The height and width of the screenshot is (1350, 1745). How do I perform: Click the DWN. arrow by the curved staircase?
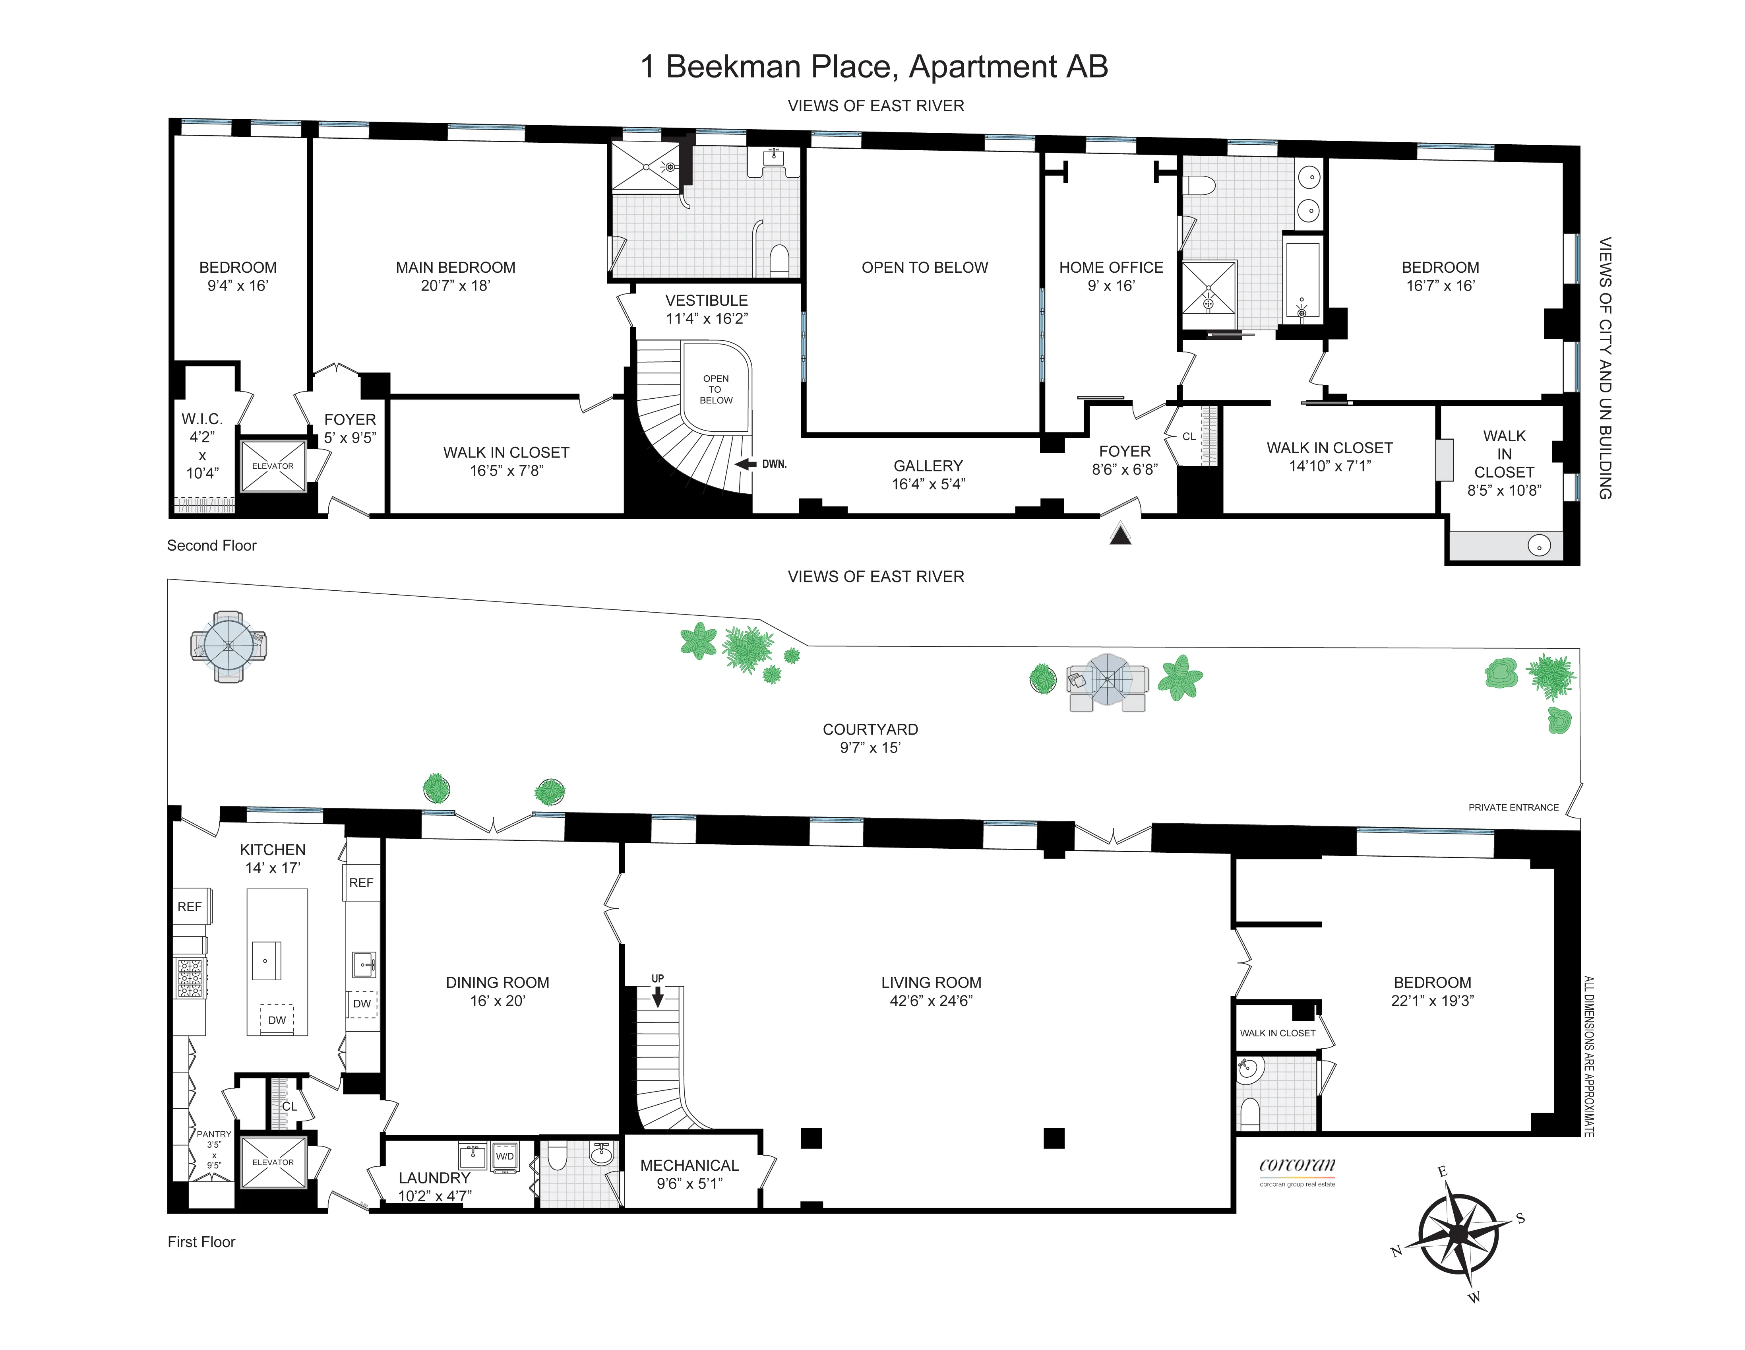tap(746, 464)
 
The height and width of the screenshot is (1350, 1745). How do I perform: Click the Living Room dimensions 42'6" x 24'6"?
tap(931, 1001)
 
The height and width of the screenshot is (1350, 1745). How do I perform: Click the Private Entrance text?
tap(1513, 807)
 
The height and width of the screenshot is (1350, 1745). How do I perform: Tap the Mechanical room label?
tap(689, 1166)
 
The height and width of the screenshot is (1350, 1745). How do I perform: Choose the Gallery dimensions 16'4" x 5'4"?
tap(928, 483)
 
